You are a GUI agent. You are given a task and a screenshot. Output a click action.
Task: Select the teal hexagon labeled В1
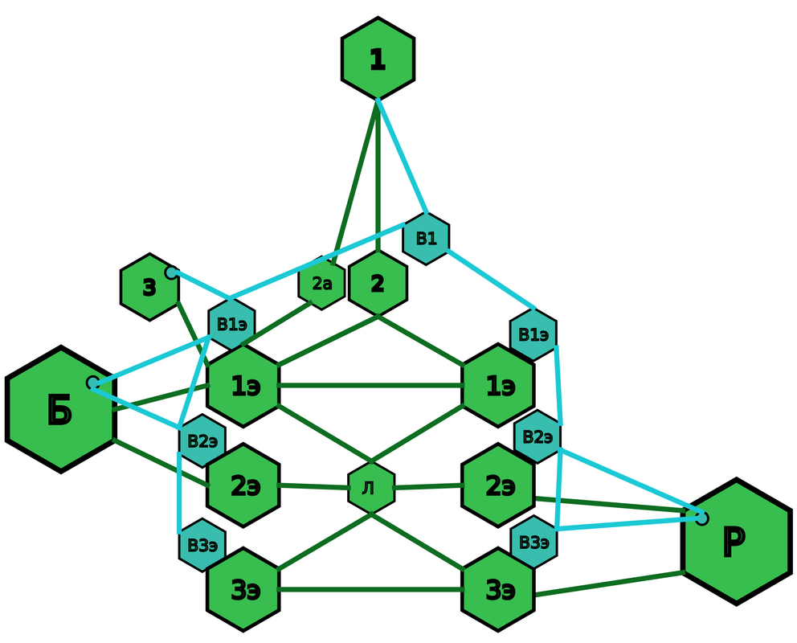pyautogui.click(x=426, y=238)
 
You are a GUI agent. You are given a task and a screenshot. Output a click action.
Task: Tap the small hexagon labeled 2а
pyautogui.click(x=321, y=283)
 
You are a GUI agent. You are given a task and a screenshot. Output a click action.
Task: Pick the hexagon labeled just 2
pyautogui.click(x=378, y=283)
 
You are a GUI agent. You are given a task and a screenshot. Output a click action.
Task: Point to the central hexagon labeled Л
pyautogui.click(x=370, y=488)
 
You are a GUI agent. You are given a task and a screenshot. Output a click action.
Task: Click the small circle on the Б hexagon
pyautogui.click(x=93, y=383)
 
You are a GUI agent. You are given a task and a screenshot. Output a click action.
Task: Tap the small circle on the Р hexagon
pyautogui.click(x=702, y=518)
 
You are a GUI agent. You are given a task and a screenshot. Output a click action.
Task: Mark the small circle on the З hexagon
pyautogui.click(x=171, y=273)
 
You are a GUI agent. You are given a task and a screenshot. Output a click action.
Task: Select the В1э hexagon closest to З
pyautogui.click(x=231, y=325)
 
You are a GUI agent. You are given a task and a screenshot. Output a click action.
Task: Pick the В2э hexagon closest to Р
pyautogui.click(x=537, y=437)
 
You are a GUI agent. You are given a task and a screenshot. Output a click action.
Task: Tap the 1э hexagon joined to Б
pyautogui.click(x=243, y=386)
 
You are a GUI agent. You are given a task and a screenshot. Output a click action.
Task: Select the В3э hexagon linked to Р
pyautogui.click(x=533, y=543)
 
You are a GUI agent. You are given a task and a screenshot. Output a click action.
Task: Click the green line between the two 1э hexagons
pyautogui.click(x=370, y=386)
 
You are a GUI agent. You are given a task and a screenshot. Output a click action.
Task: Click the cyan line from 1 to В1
pyautogui.click(x=402, y=156)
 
